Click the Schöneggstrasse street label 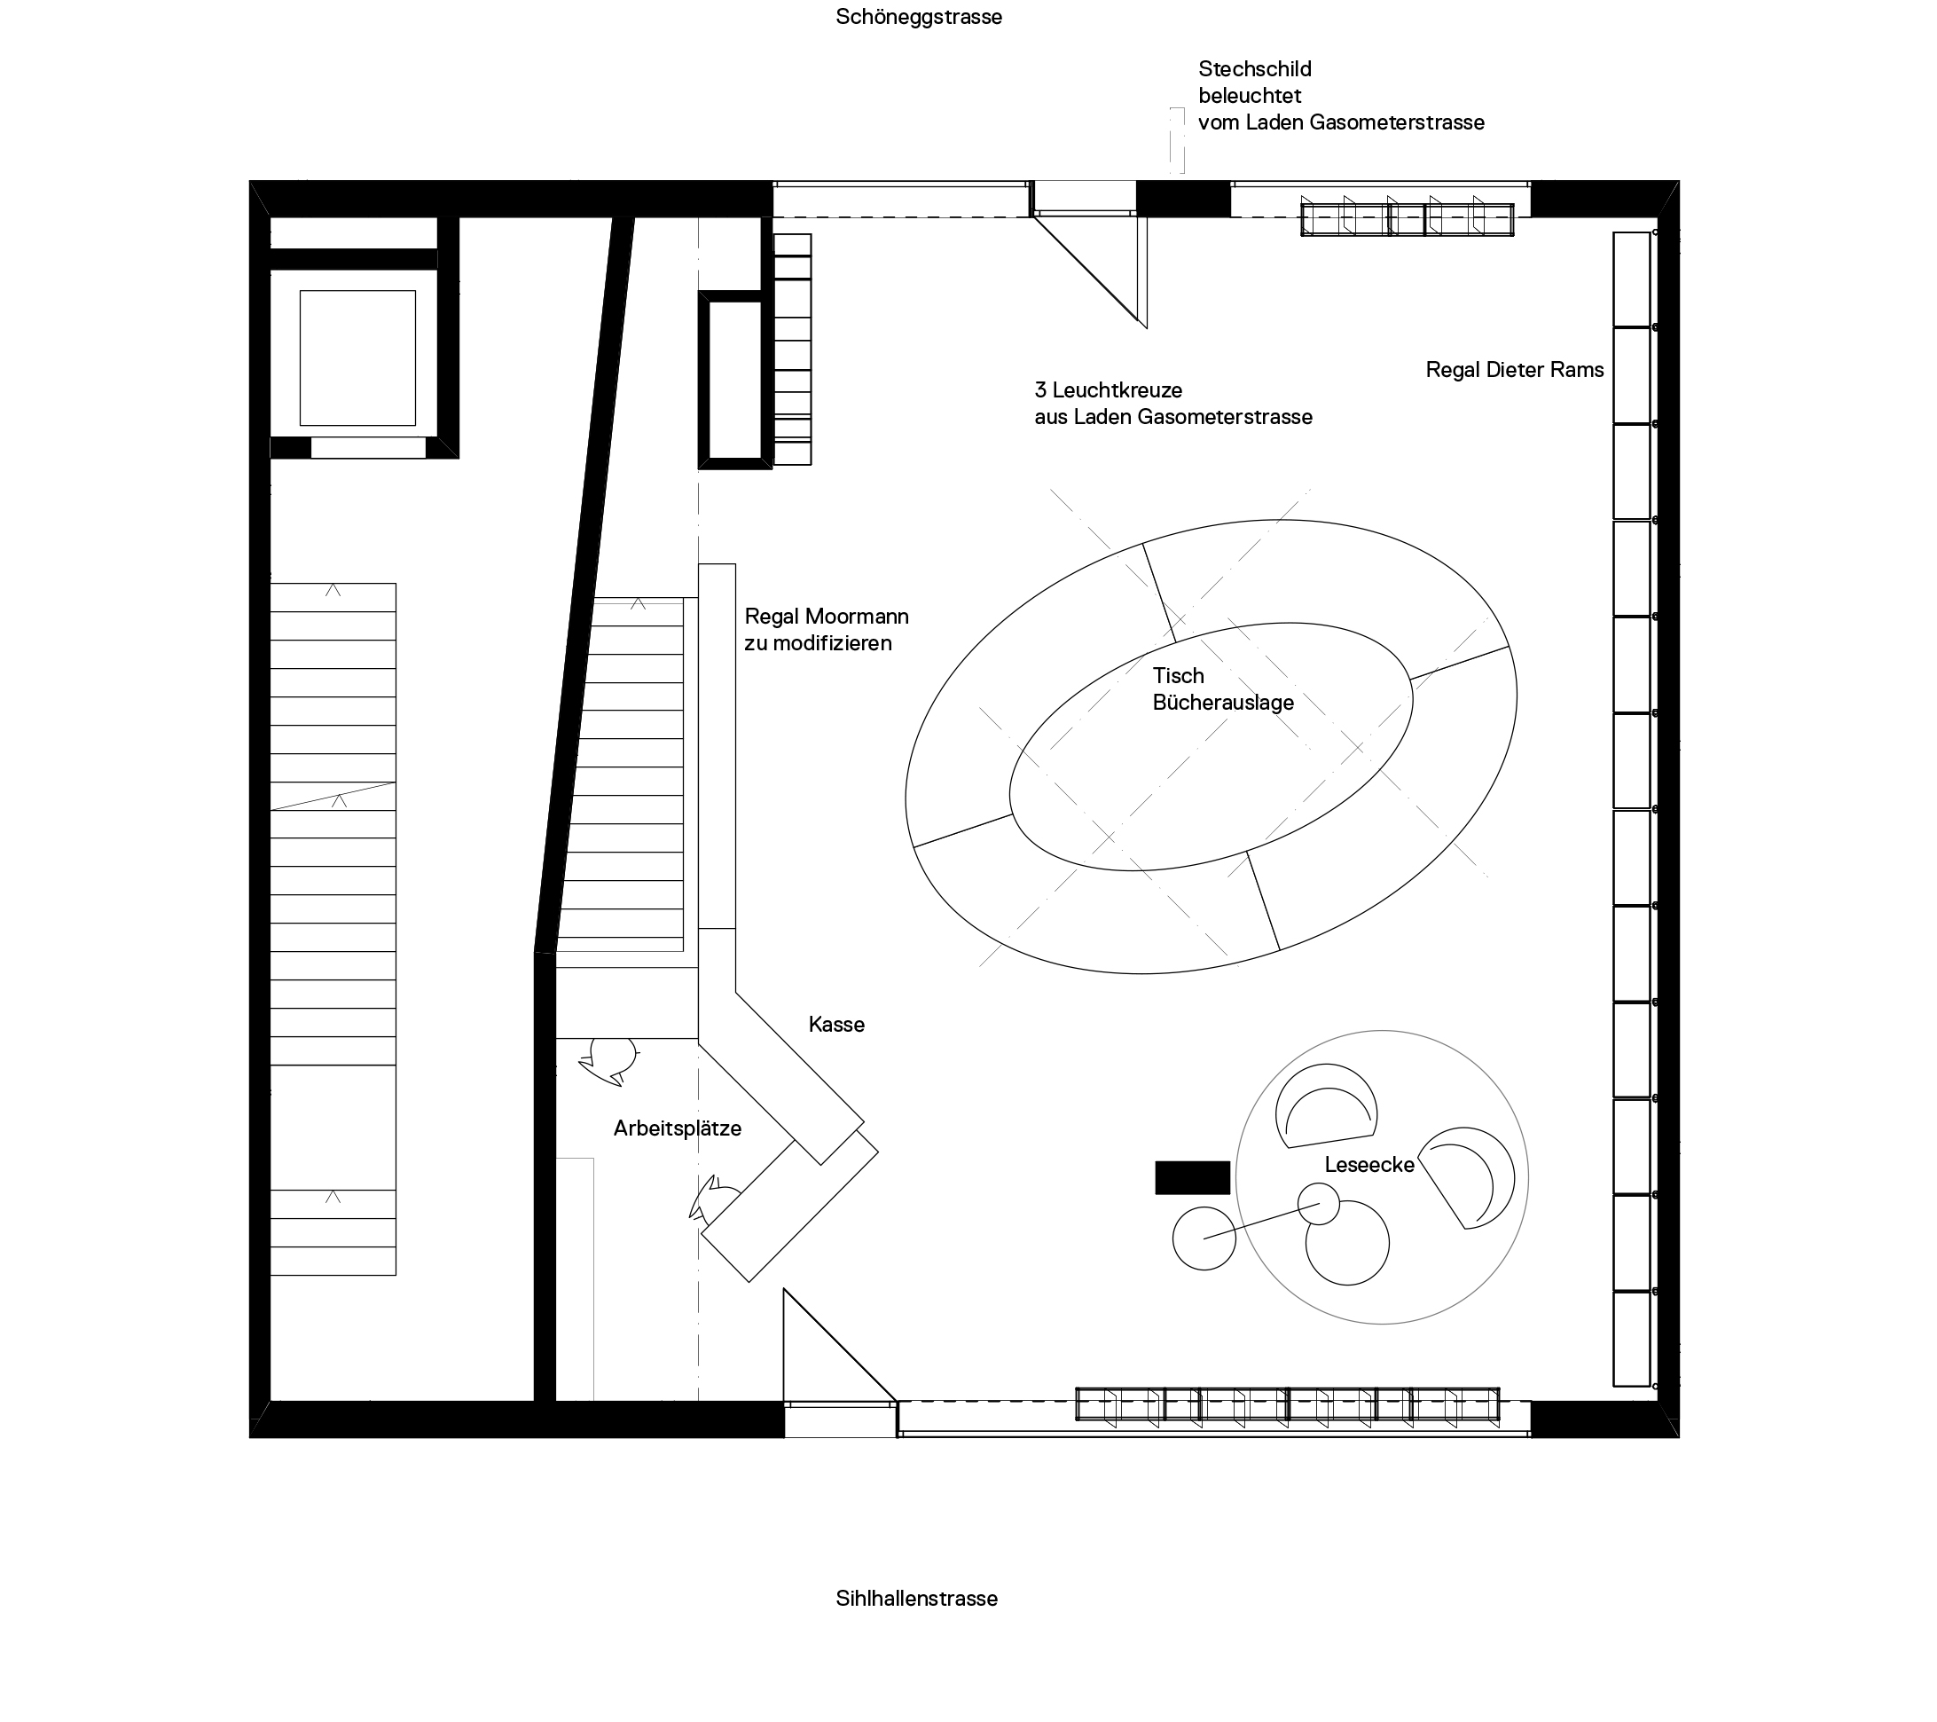tap(918, 17)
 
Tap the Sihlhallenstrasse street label tap(916, 1599)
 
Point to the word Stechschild tap(1255, 69)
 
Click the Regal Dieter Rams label tap(1514, 370)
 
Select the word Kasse tap(835, 1025)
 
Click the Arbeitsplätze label tap(677, 1128)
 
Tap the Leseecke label tap(1369, 1165)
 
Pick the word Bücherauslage tap(1222, 703)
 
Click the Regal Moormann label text tap(827, 616)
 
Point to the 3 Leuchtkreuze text tap(1109, 389)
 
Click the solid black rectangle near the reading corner tap(1192, 1177)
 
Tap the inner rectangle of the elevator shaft tap(357, 358)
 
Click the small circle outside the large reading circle tap(1204, 1238)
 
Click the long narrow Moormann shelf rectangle tap(717, 746)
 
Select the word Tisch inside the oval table tap(1178, 676)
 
